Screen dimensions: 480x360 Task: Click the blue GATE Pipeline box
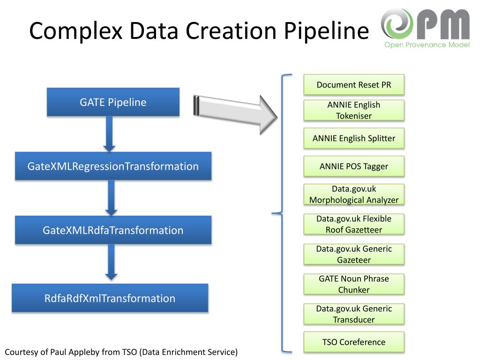113,102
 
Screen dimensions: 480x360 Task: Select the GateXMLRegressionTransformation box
113,166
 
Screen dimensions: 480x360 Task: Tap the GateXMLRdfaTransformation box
113,230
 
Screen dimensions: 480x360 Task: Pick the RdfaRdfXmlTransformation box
110,298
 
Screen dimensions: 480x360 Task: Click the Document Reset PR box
354,84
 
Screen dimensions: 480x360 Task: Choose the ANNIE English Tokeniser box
354,110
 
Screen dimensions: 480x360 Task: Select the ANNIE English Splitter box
354,138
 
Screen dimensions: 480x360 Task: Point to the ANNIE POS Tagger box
354,166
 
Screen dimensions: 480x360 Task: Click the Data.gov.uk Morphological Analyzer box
354,194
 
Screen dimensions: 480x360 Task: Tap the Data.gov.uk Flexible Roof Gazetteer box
354,224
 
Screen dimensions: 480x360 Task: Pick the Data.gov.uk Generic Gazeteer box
354,254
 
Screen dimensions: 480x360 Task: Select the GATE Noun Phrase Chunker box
354,284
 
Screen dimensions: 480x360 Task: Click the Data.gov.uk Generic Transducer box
354,314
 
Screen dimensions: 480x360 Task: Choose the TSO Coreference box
354,342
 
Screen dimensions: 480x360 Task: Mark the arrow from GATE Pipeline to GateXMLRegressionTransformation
109,134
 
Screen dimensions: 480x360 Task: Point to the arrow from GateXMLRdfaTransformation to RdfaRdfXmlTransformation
111,262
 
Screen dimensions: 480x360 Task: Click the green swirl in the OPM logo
397,23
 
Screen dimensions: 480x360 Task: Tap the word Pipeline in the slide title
327,31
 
